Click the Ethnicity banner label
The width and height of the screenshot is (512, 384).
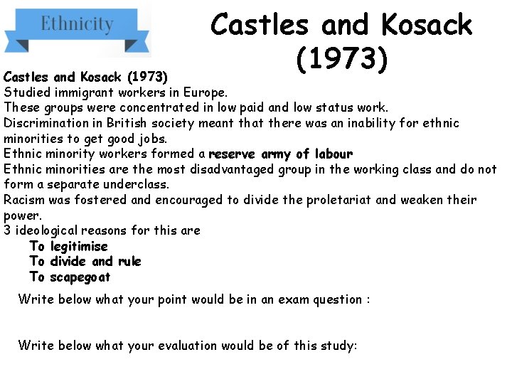(77, 25)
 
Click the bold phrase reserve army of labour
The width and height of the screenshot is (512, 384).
(280, 154)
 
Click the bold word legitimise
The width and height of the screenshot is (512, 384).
(79, 246)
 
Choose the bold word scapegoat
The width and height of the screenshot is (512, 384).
(80, 277)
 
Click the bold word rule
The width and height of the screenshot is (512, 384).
(129, 261)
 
